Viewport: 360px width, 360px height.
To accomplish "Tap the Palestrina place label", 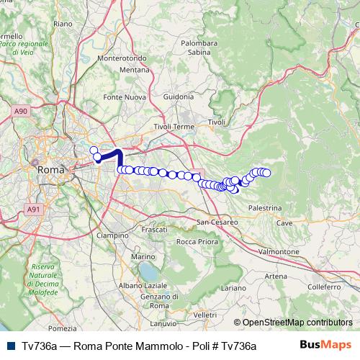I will pos(266,207).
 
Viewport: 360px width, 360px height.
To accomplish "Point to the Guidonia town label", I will pos(179,95).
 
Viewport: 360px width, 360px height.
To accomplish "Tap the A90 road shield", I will pos(21,111).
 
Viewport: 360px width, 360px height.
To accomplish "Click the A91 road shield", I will pos(33,209).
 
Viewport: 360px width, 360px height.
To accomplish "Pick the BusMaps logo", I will pos(327,345).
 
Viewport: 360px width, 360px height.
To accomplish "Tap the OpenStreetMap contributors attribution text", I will pos(293,323).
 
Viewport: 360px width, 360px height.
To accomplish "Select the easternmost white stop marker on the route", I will pos(266,173).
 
